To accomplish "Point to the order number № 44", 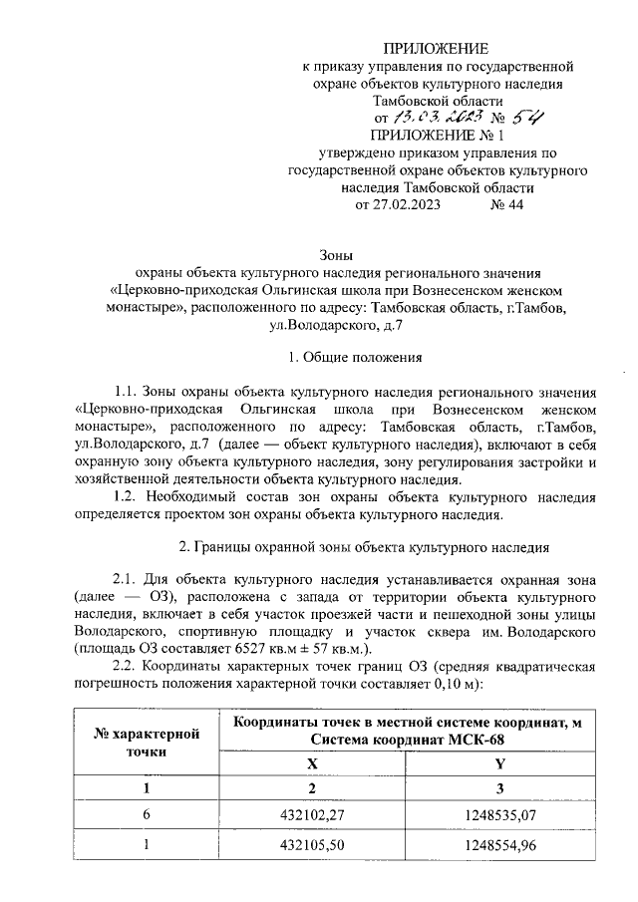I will point(506,205).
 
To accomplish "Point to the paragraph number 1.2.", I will point(128,496).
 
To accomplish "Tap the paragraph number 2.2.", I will point(128,667).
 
